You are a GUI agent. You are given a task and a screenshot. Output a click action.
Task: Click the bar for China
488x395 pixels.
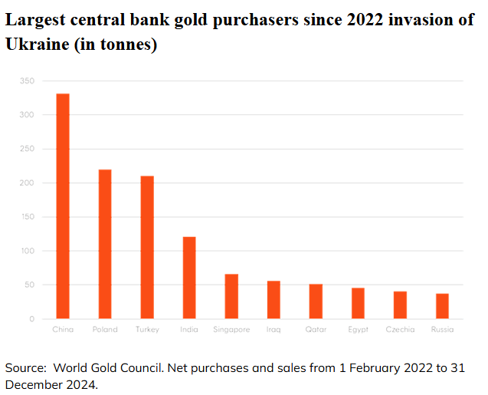point(63,206)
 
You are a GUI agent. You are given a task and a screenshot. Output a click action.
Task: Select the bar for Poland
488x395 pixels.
point(105,244)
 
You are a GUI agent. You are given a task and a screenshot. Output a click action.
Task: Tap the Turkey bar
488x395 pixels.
point(147,247)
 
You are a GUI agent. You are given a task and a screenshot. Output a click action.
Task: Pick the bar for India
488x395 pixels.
point(189,278)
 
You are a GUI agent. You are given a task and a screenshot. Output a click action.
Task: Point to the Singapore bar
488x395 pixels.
point(231,296)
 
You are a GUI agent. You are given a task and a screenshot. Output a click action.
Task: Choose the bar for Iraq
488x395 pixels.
point(273,299)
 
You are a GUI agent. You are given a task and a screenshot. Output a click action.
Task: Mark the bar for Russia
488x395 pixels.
point(442,305)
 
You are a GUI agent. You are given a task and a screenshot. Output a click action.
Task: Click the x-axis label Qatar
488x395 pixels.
point(316,330)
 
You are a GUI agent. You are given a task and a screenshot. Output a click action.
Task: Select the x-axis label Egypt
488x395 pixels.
point(358,330)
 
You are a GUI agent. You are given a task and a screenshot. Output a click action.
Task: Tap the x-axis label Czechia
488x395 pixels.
point(400,330)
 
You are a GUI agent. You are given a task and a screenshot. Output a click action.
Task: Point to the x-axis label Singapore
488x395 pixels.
point(231,330)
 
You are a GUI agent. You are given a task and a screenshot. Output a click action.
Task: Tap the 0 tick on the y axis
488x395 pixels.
point(31,318)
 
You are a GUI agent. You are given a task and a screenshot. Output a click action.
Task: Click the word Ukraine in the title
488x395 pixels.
point(35,45)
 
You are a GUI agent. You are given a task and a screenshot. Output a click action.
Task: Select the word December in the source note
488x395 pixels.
point(34,384)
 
